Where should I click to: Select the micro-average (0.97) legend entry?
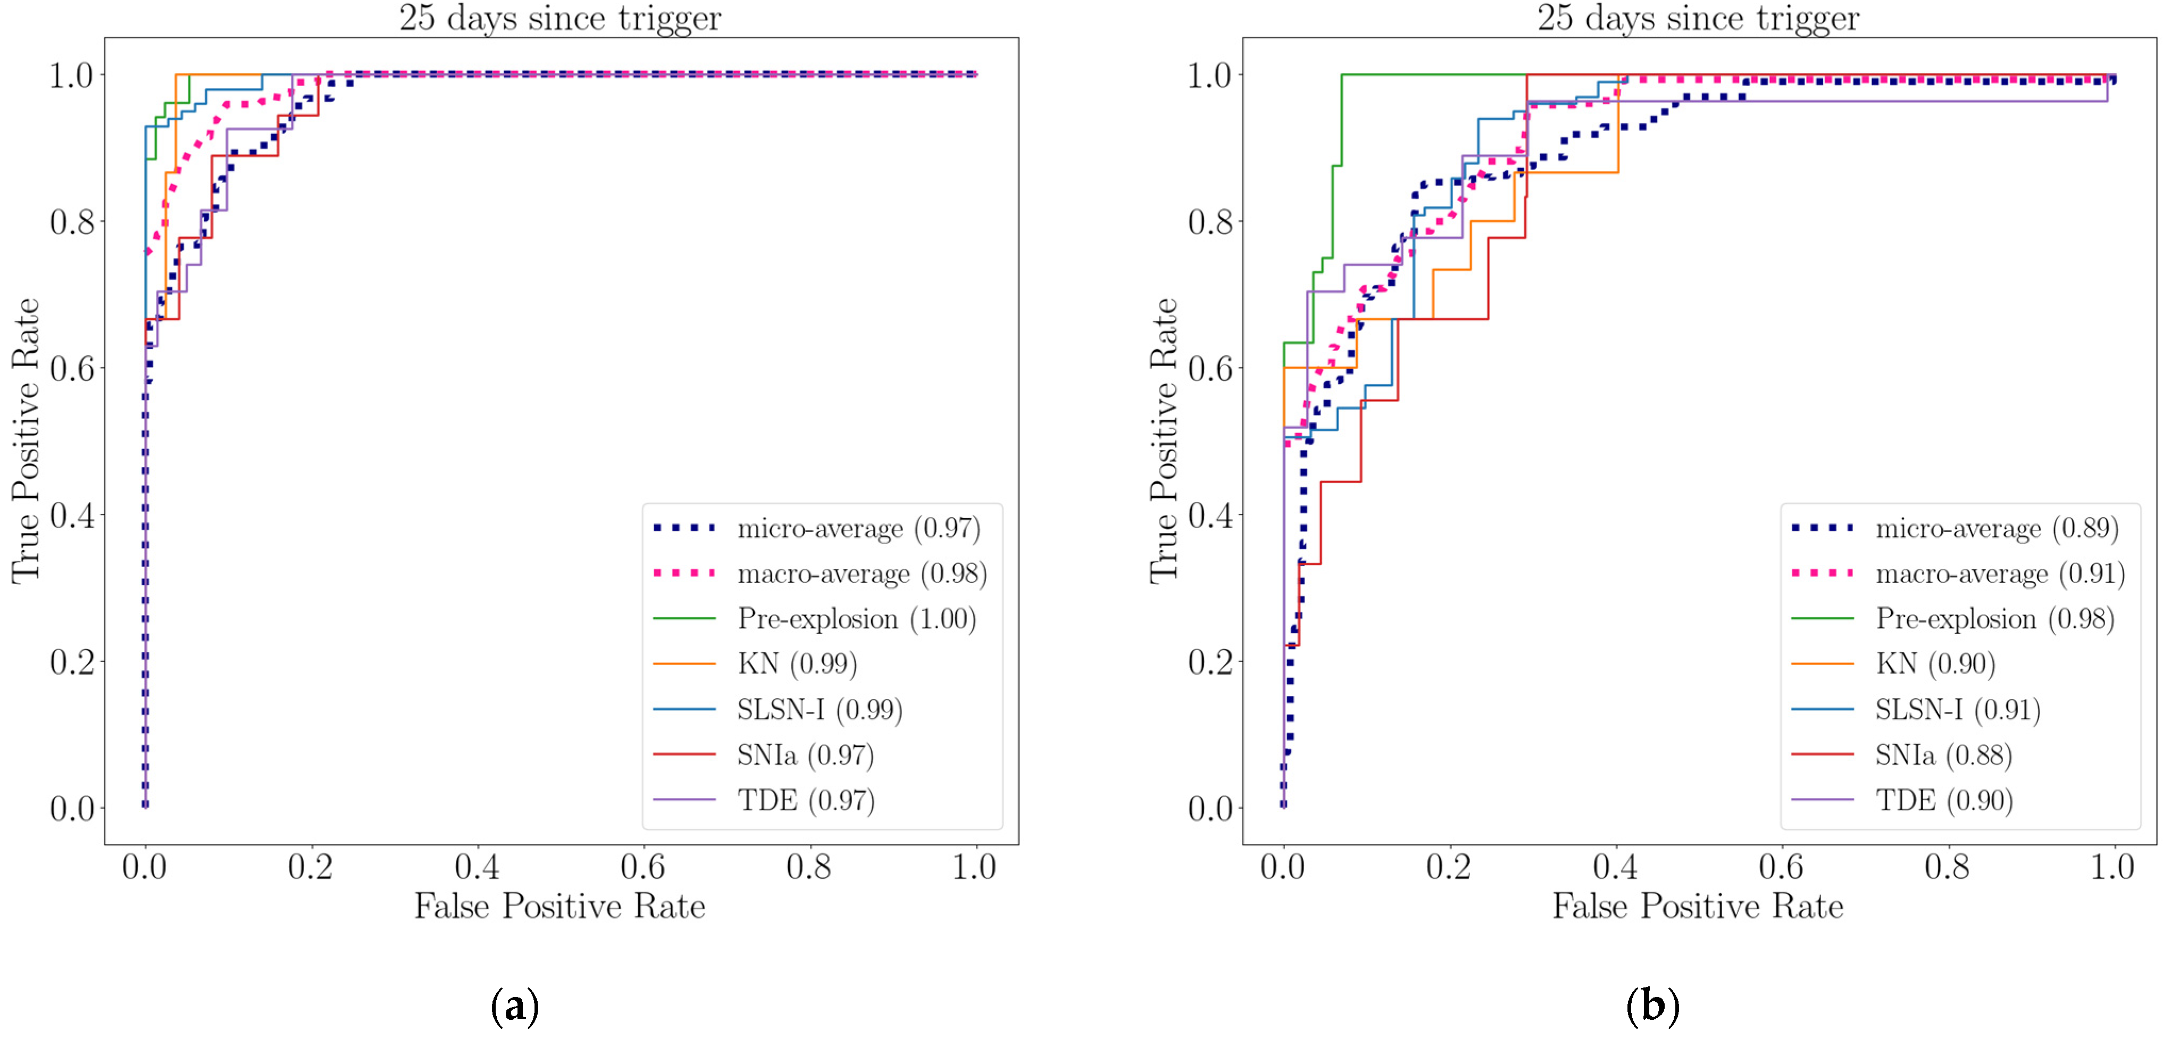click(x=858, y=529)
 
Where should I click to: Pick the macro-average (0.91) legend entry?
click(x=1999, y=574)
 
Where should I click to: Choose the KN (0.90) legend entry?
click(x=1935, y=664)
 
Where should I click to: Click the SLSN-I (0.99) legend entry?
click(x=819, y=710)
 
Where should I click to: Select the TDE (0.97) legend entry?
click(x=806, y=800)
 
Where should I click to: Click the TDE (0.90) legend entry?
click(x=1943, y=800)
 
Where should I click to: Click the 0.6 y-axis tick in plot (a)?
click(x=72, y=368)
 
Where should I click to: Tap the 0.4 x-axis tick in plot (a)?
click(x=477, y=867)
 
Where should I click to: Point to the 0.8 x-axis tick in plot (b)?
click(x=1947, y=867)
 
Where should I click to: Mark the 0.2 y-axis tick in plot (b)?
click(x=1210, y=662)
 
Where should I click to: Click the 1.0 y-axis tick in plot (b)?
click(x=1210, y=76)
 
